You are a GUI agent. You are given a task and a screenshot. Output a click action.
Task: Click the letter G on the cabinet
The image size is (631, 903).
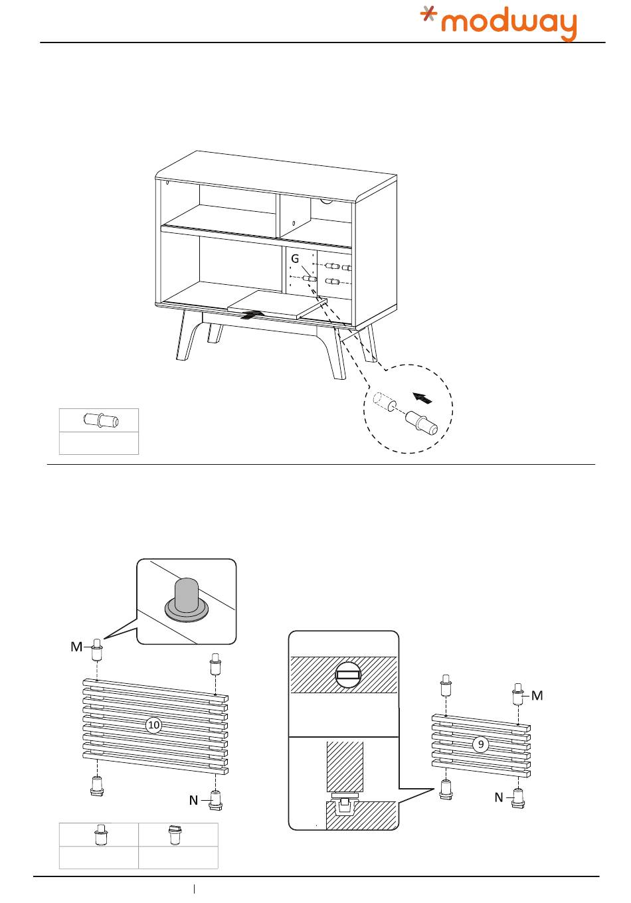click(295, 258)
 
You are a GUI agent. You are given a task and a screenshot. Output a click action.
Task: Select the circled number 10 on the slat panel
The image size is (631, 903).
click(153, 725)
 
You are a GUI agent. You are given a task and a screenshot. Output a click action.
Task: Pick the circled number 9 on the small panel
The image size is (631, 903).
click(481, 744)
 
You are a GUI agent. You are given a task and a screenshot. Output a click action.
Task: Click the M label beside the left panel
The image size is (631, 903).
click(76, 647)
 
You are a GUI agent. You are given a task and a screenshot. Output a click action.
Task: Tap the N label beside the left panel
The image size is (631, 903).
click(193, 800)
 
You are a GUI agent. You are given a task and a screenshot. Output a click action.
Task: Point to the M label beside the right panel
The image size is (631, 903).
click(537, 696)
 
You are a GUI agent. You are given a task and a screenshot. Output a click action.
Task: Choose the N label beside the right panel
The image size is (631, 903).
click(499, 797)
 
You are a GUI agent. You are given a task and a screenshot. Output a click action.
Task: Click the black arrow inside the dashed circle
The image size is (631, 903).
click(422, 398)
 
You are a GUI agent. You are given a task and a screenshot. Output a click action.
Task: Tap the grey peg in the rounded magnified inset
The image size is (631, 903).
click(186, 596)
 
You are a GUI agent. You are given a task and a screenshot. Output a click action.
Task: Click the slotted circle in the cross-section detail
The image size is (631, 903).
click(347, 677)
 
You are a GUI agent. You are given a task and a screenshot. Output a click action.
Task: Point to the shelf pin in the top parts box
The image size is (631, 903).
click(100, 420)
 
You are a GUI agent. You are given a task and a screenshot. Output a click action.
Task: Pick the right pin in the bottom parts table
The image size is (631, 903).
click(177, 835)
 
